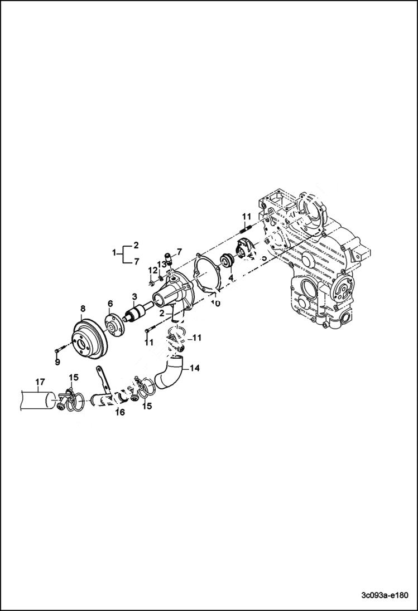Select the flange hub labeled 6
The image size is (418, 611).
113,326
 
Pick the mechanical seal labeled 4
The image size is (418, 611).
228,260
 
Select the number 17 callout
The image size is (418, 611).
40,382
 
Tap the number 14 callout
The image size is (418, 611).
194,368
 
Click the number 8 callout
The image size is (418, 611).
83,308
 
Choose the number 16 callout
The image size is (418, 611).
120,412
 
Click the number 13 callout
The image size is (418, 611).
161,263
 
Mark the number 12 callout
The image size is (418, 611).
151,270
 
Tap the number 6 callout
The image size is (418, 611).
110,303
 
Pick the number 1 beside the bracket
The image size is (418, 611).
114,252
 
